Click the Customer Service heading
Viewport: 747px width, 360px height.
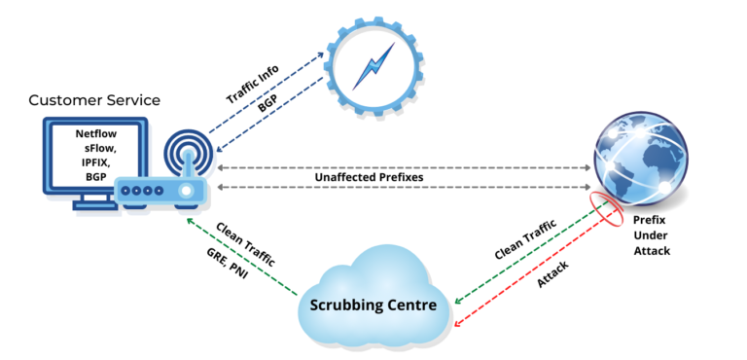coord(94,100)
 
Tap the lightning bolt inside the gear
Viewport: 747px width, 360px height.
coord(373,65)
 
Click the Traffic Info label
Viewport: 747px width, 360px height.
coord(252,84)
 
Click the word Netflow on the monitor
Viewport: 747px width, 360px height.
coord(95,132)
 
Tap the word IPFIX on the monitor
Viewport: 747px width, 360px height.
coord(95,162)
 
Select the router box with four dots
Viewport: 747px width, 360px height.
coord(160,192)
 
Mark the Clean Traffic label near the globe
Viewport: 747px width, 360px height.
coord(524,239)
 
